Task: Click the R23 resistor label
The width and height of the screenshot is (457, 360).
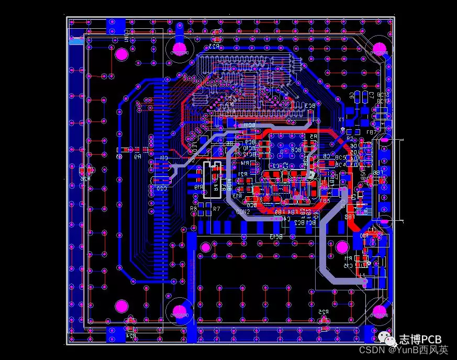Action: tap(213, 47)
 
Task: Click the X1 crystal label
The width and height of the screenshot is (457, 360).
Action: tap(341, 120)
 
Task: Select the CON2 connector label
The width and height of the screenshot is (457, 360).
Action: tap(243, 212)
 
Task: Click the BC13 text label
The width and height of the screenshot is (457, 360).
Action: tap(276, 237)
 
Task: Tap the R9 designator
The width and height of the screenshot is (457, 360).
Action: tap(138, 156)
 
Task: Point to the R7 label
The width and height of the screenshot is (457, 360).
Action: tap(216, 209)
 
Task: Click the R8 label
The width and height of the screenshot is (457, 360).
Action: tap(194, 209)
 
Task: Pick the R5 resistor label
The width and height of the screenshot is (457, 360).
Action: tap(313, 137)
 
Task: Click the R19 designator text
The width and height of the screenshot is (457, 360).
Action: tap(198, 187)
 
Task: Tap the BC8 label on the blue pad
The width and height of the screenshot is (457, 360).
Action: tap(296, 150)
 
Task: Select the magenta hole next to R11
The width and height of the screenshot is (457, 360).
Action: tap(342, 246)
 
